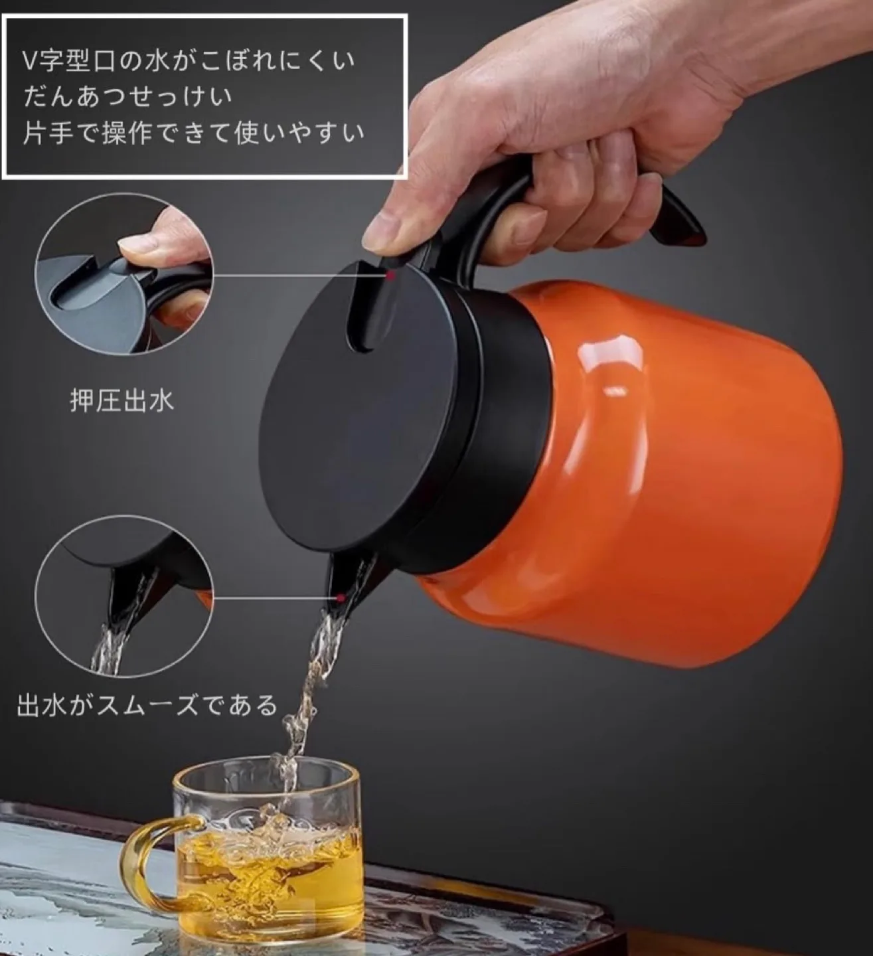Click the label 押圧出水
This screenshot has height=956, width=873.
122,402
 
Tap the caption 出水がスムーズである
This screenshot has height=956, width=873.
147,705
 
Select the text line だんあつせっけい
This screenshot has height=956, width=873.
128,97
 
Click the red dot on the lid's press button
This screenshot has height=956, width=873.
392,274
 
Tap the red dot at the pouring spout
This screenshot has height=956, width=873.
340,598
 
